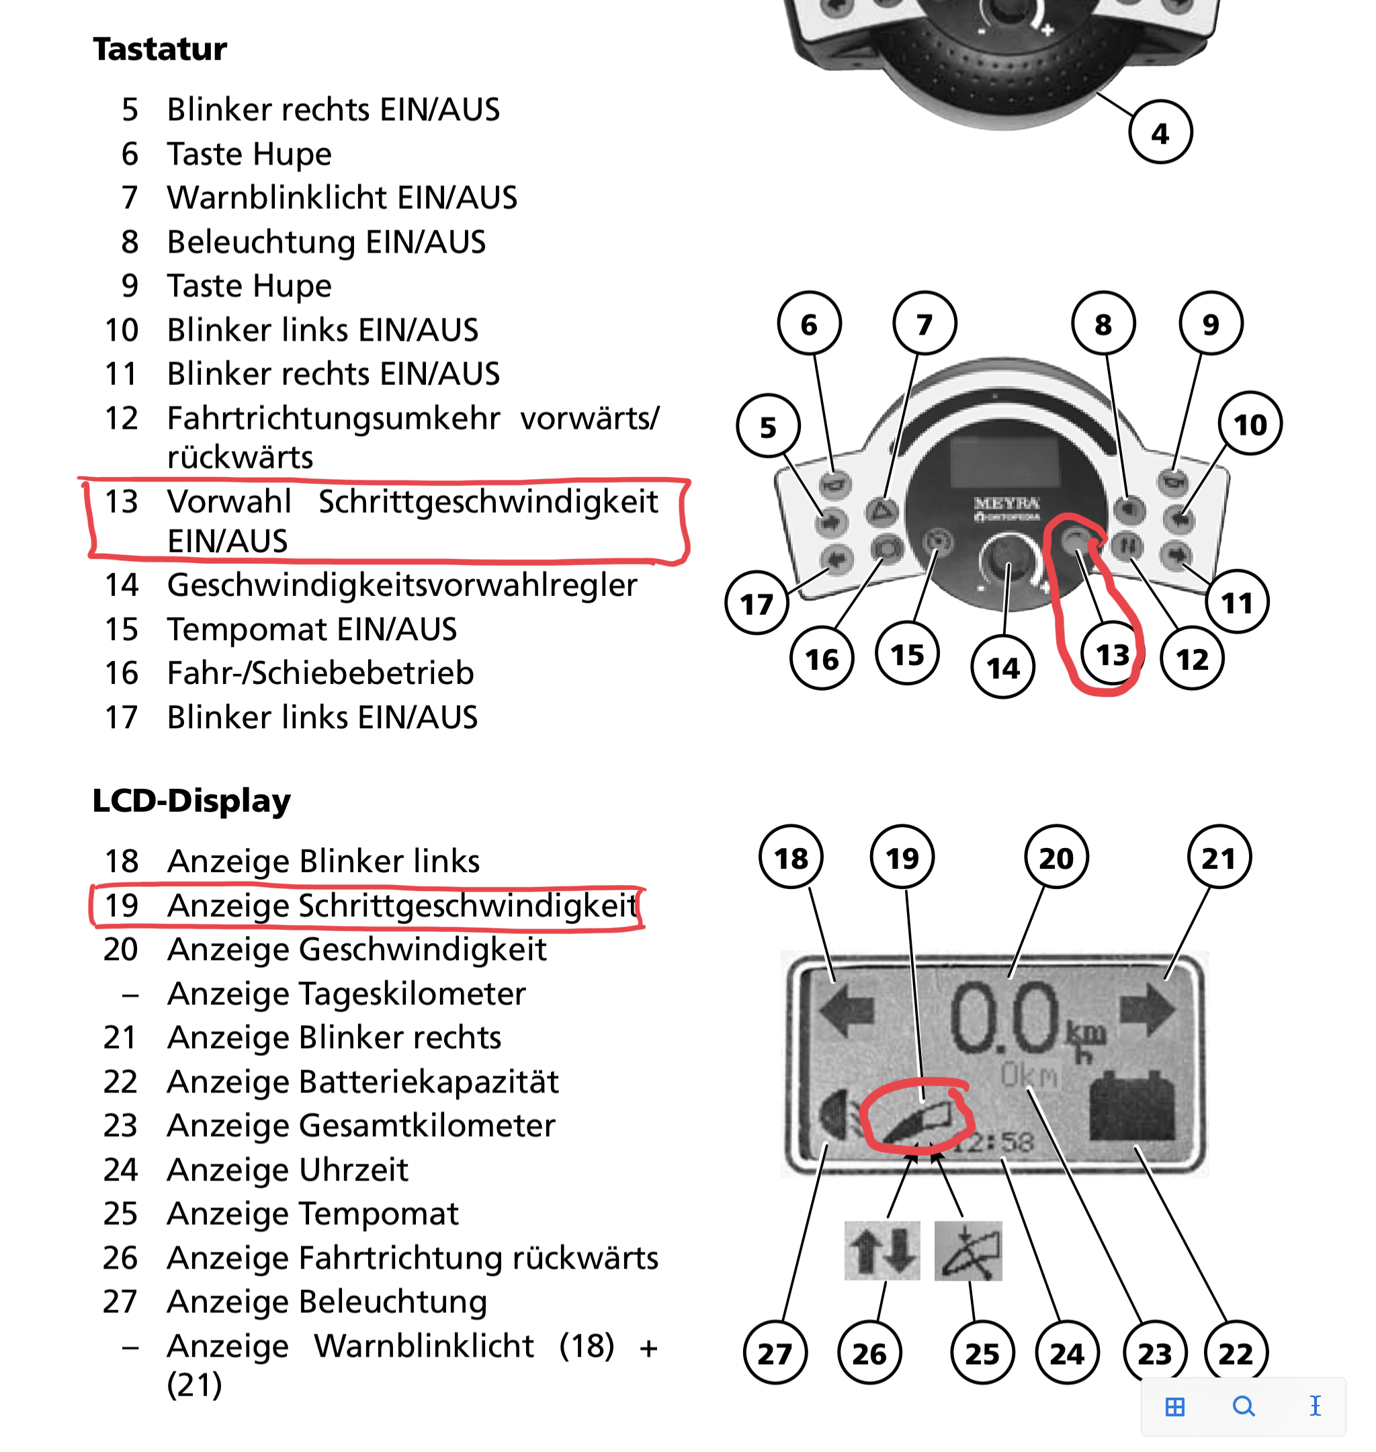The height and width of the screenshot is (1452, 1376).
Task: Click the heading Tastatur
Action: pos(160,49)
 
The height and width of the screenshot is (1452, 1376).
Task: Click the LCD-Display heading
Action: pos(191,800)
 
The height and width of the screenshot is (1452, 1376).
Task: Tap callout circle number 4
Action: pos(1160,134)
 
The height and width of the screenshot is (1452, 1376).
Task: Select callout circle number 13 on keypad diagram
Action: pos(1112,655)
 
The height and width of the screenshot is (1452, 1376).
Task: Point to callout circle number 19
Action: pos(902,857)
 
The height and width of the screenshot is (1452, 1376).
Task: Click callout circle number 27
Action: pos(775,1353)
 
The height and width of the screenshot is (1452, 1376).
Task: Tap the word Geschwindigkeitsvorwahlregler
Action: pos(402,585)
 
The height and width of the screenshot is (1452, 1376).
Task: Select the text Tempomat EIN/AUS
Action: pos(312,629)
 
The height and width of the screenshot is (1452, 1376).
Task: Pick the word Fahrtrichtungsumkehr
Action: pos(334,419)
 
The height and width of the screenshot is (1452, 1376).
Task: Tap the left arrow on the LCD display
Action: pos(847,1011)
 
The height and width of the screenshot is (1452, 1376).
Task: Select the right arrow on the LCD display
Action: pos(1148,1010)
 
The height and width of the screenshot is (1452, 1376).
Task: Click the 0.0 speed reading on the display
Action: pos(1005,1018)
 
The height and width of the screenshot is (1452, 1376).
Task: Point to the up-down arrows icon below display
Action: pos(882,1250)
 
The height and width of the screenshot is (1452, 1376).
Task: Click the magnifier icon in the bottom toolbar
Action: pos(1243,1406)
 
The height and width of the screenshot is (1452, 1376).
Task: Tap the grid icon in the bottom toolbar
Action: pos(1175,1406)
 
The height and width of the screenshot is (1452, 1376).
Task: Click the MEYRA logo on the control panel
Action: pos(1007,504)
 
